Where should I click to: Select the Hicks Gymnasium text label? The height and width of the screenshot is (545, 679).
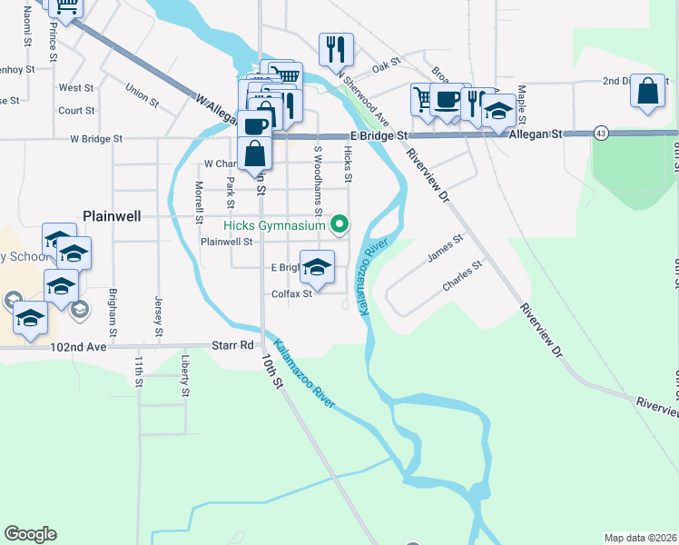275,224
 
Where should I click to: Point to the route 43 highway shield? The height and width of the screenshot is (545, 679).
602,133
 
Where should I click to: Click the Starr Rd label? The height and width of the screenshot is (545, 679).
233,345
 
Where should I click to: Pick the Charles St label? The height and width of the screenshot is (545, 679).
461,274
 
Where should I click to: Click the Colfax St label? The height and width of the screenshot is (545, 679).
291,293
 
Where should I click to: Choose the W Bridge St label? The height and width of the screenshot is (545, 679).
95,139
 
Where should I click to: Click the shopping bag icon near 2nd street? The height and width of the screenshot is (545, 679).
646,91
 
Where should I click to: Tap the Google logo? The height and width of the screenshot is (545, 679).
30,534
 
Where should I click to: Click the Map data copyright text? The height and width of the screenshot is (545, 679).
640,538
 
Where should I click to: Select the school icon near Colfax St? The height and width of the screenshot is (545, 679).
316,267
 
